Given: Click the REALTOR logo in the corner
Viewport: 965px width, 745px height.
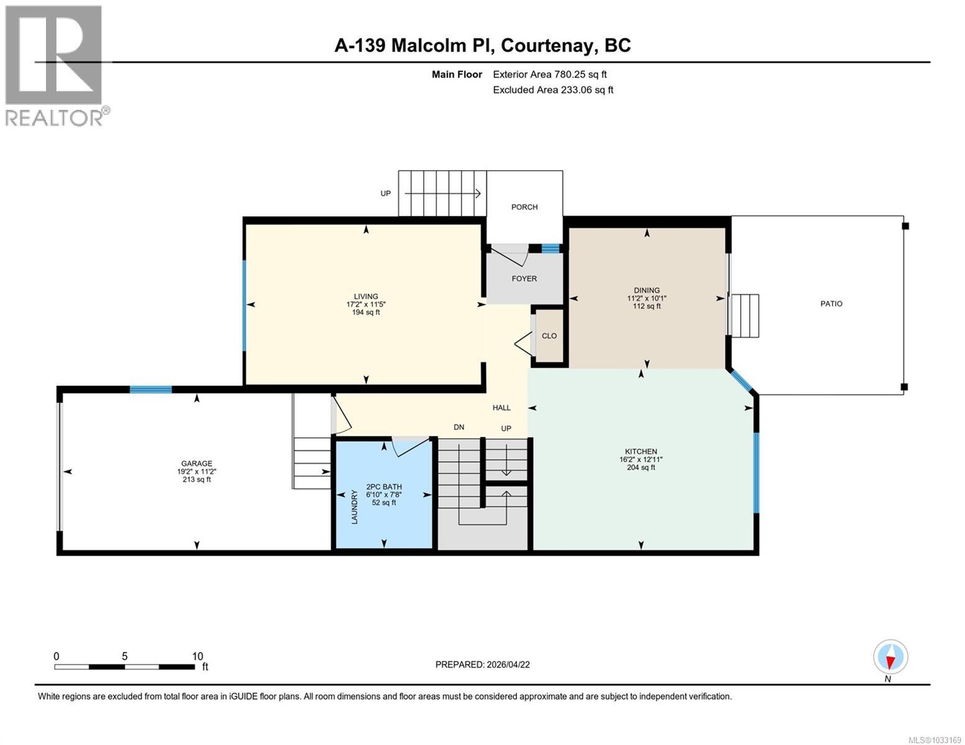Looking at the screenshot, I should (x=56, y=65).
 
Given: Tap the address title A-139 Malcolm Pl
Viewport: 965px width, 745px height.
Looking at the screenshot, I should (x=482, y=45).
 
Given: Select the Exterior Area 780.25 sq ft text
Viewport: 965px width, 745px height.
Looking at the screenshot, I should (x=549, y=74).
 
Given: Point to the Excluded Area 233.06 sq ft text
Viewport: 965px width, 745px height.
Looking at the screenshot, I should (x=552, y=90).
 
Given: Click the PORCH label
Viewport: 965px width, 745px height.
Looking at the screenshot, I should (x=524, y=207).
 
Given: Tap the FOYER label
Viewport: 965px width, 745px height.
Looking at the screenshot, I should (x=524, y=279).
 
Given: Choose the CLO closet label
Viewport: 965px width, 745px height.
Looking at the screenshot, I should (x=549, y=336).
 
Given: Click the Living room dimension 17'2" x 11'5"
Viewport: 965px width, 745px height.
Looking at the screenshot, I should (x=366, y=305).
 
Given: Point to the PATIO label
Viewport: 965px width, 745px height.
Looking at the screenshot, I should (x=831, y=304).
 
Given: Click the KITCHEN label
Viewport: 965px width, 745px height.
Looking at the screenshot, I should (x=641, y=452).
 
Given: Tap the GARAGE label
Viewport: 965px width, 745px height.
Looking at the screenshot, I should (x=196, y=464).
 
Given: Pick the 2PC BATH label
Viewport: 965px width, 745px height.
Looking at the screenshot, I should (x=383, y=487).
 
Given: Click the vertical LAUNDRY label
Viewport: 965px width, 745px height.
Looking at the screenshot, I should (x=355, y=507).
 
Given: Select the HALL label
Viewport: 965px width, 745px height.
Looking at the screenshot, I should (x=501, y=408).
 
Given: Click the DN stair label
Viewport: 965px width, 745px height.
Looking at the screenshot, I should (x=459, y=427).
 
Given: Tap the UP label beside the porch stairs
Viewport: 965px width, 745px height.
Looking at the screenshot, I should (x=386, y=194).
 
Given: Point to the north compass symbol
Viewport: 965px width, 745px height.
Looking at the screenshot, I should (x=890, y=657).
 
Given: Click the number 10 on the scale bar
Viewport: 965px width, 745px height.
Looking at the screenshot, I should (x=198, y=656).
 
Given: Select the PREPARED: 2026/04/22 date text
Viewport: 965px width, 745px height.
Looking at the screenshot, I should (x=482, y=665).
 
